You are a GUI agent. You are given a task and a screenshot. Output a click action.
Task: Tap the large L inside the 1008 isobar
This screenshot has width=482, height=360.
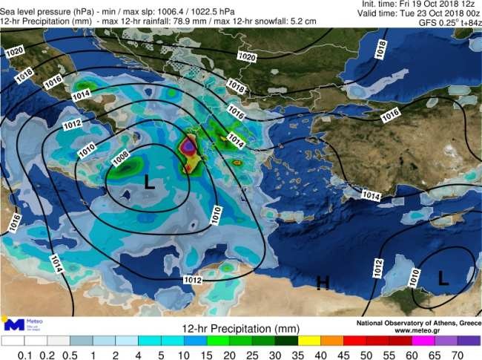(x=149, y=182)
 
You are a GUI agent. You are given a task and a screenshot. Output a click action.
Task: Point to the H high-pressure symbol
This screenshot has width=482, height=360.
(x=323, y=282)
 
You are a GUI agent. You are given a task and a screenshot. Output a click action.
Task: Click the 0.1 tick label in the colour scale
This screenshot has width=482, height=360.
(x=25, y=354)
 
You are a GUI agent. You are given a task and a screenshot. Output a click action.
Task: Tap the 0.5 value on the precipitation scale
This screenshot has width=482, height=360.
(x=70, y=354)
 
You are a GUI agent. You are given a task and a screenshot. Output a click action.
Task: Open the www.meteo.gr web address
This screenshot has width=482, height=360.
(x=419, y=330)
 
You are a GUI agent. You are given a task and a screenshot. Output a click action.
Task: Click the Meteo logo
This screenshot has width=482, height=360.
(x=23, y=324)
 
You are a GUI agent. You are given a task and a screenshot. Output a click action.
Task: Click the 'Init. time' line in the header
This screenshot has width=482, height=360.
(x=419, y=4)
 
